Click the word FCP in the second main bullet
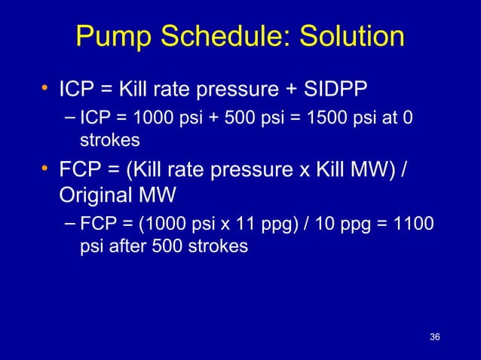point(78,166)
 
